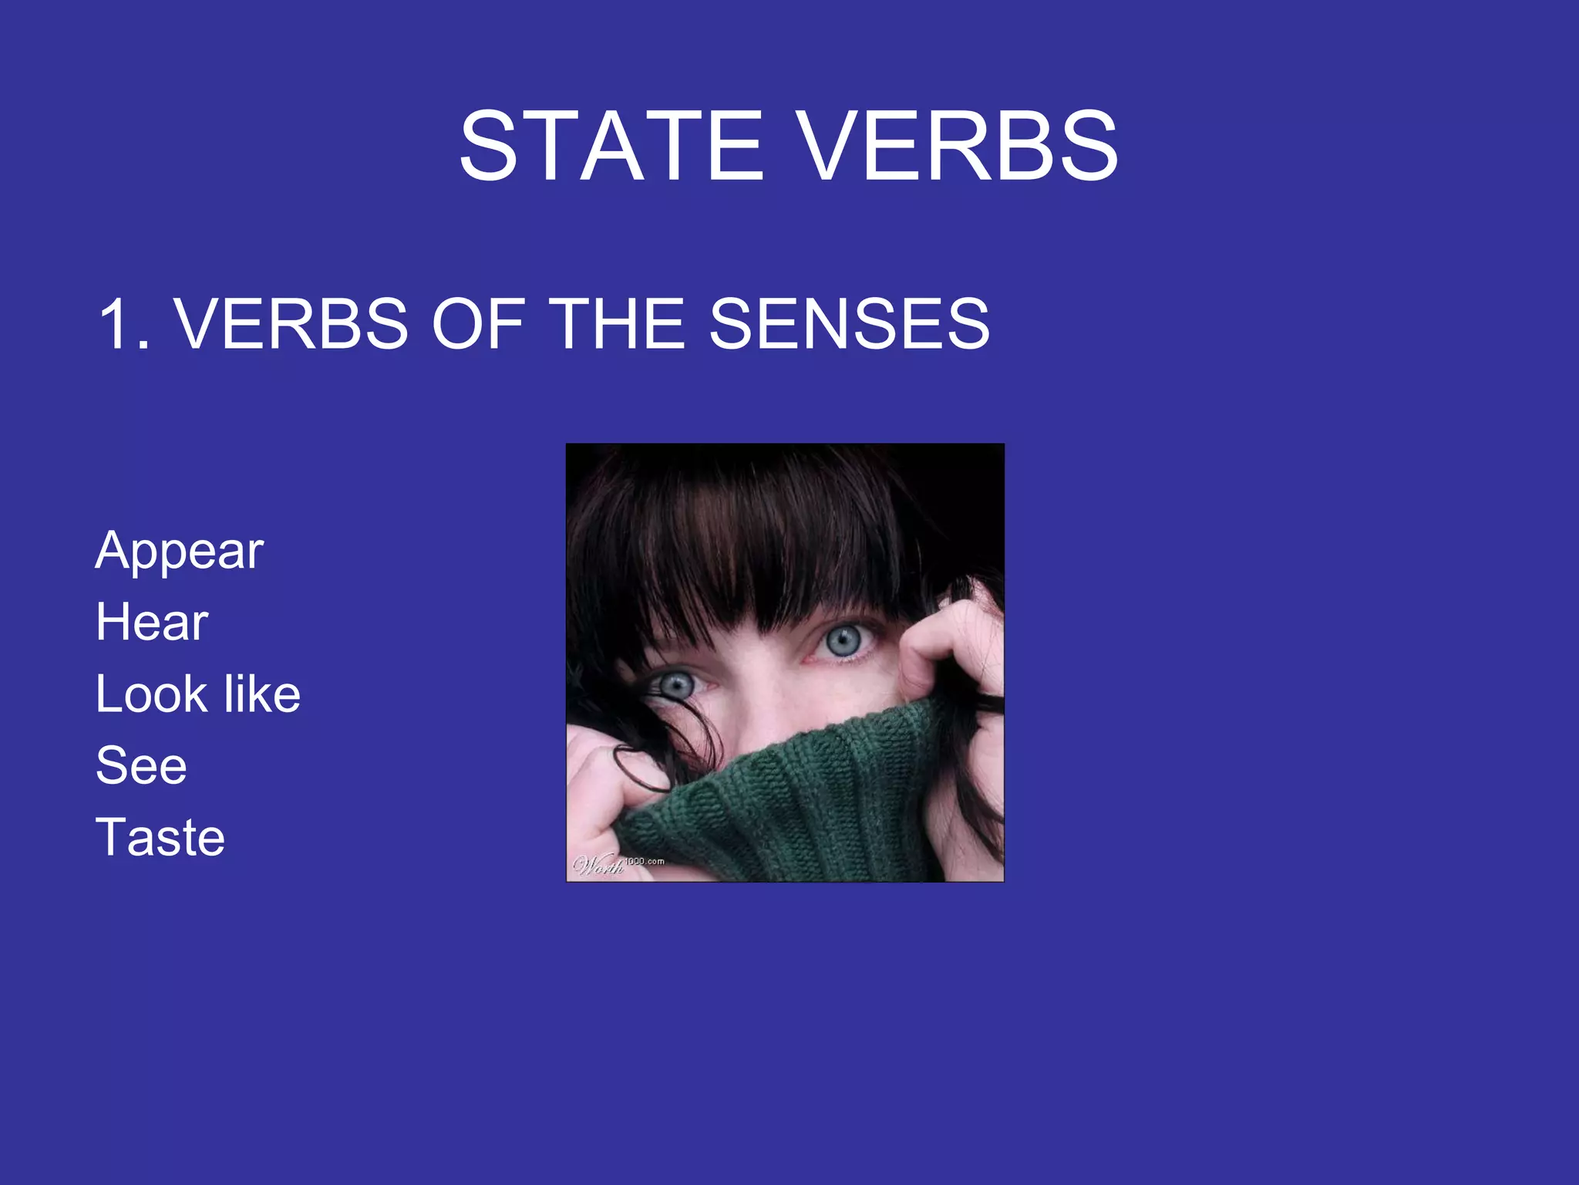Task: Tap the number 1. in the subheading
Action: click(x=123, y=325)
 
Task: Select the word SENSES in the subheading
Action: click(x=849, y=325)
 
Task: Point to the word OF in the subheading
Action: click(x=478, y=325)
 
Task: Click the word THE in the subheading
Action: click(x=618, y=325)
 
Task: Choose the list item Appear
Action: click(x=180, y=552)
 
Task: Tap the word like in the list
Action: click(x=261, y=694)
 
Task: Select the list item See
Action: click(x=141, y=765)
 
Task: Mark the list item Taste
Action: click(x=160, y=837)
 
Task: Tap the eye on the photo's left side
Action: click(x=677, y=684)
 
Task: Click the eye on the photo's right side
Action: click(x=843, y=640)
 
